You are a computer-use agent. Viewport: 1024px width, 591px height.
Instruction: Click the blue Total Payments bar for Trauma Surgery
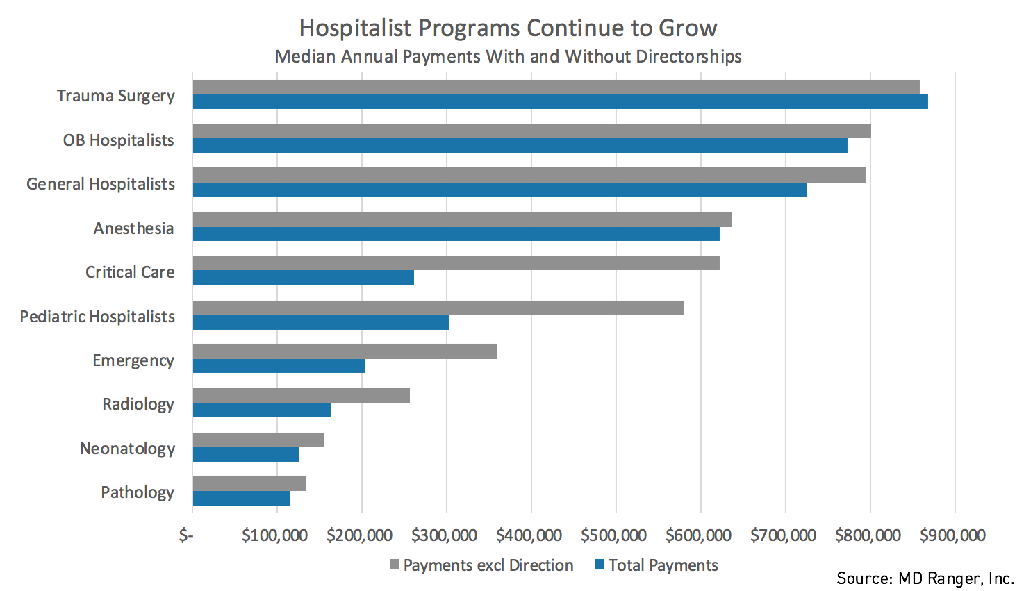click(560, 102)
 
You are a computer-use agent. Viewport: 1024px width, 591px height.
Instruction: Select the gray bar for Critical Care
click(456, 263)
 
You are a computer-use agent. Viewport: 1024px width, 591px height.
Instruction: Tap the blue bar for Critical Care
click(303, 278)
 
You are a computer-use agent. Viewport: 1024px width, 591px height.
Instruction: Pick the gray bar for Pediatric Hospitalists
click(438, 308)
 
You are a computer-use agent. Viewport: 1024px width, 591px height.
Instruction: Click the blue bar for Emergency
click(279, 366)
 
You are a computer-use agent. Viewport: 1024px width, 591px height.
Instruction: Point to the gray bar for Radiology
click(301, 396)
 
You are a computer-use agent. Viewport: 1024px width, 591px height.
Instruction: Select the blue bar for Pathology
click(241, 499)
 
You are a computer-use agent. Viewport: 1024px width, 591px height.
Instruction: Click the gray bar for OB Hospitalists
click(531, 131)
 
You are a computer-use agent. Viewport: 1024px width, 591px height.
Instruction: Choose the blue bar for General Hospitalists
click(499, 190)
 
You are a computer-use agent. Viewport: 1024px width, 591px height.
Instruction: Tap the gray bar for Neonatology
click(258, 440)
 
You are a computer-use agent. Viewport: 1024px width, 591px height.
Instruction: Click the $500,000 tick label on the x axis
click(613, 535)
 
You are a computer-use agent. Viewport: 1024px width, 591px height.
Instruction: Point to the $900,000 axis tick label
click(952, 535)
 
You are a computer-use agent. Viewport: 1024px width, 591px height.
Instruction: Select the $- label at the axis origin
click(185, 535)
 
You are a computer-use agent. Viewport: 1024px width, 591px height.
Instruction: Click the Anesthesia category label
click(133, 228)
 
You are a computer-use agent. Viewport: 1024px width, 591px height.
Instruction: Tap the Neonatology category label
click(127, 449)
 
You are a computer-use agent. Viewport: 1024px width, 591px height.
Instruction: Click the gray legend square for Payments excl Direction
click(395, 565)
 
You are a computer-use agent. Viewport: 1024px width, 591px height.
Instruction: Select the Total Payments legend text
click(663, 565)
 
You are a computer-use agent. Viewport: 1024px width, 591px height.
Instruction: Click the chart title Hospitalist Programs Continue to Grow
click(508, 28)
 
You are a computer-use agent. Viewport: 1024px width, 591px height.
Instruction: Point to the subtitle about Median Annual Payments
click(508, 56)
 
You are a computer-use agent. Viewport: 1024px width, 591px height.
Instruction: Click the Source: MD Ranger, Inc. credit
click(925, 578)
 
